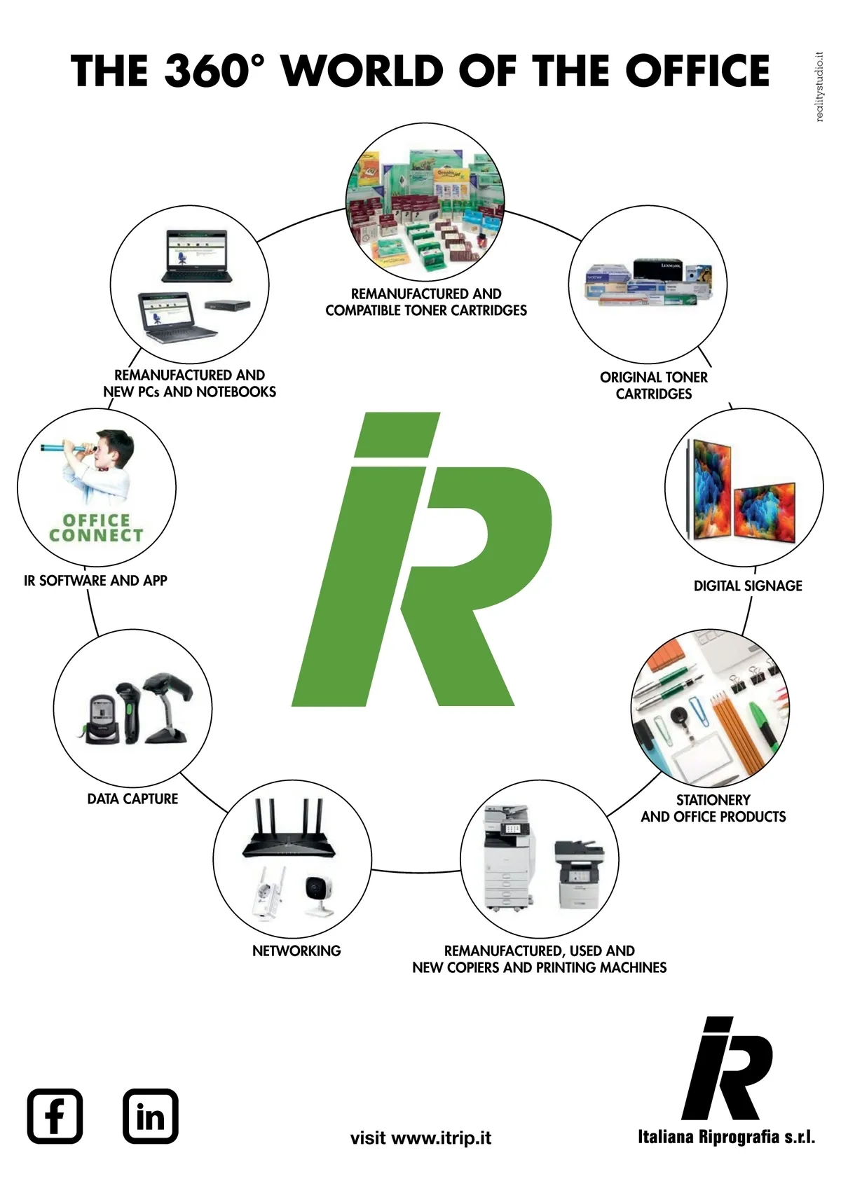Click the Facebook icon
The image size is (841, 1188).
[55, 1116]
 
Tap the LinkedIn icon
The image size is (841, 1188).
[150, 1116]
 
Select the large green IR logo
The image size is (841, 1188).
[420, 560]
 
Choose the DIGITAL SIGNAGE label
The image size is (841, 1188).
[747, 586]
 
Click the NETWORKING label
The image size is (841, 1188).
[296, 951]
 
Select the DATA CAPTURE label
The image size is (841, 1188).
[132, 799]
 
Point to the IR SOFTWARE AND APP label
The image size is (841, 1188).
[95, 580]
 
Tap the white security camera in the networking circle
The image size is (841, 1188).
[322, 893]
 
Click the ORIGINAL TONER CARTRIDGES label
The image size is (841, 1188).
[653, 385]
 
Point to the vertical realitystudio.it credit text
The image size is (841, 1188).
[820, 87]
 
